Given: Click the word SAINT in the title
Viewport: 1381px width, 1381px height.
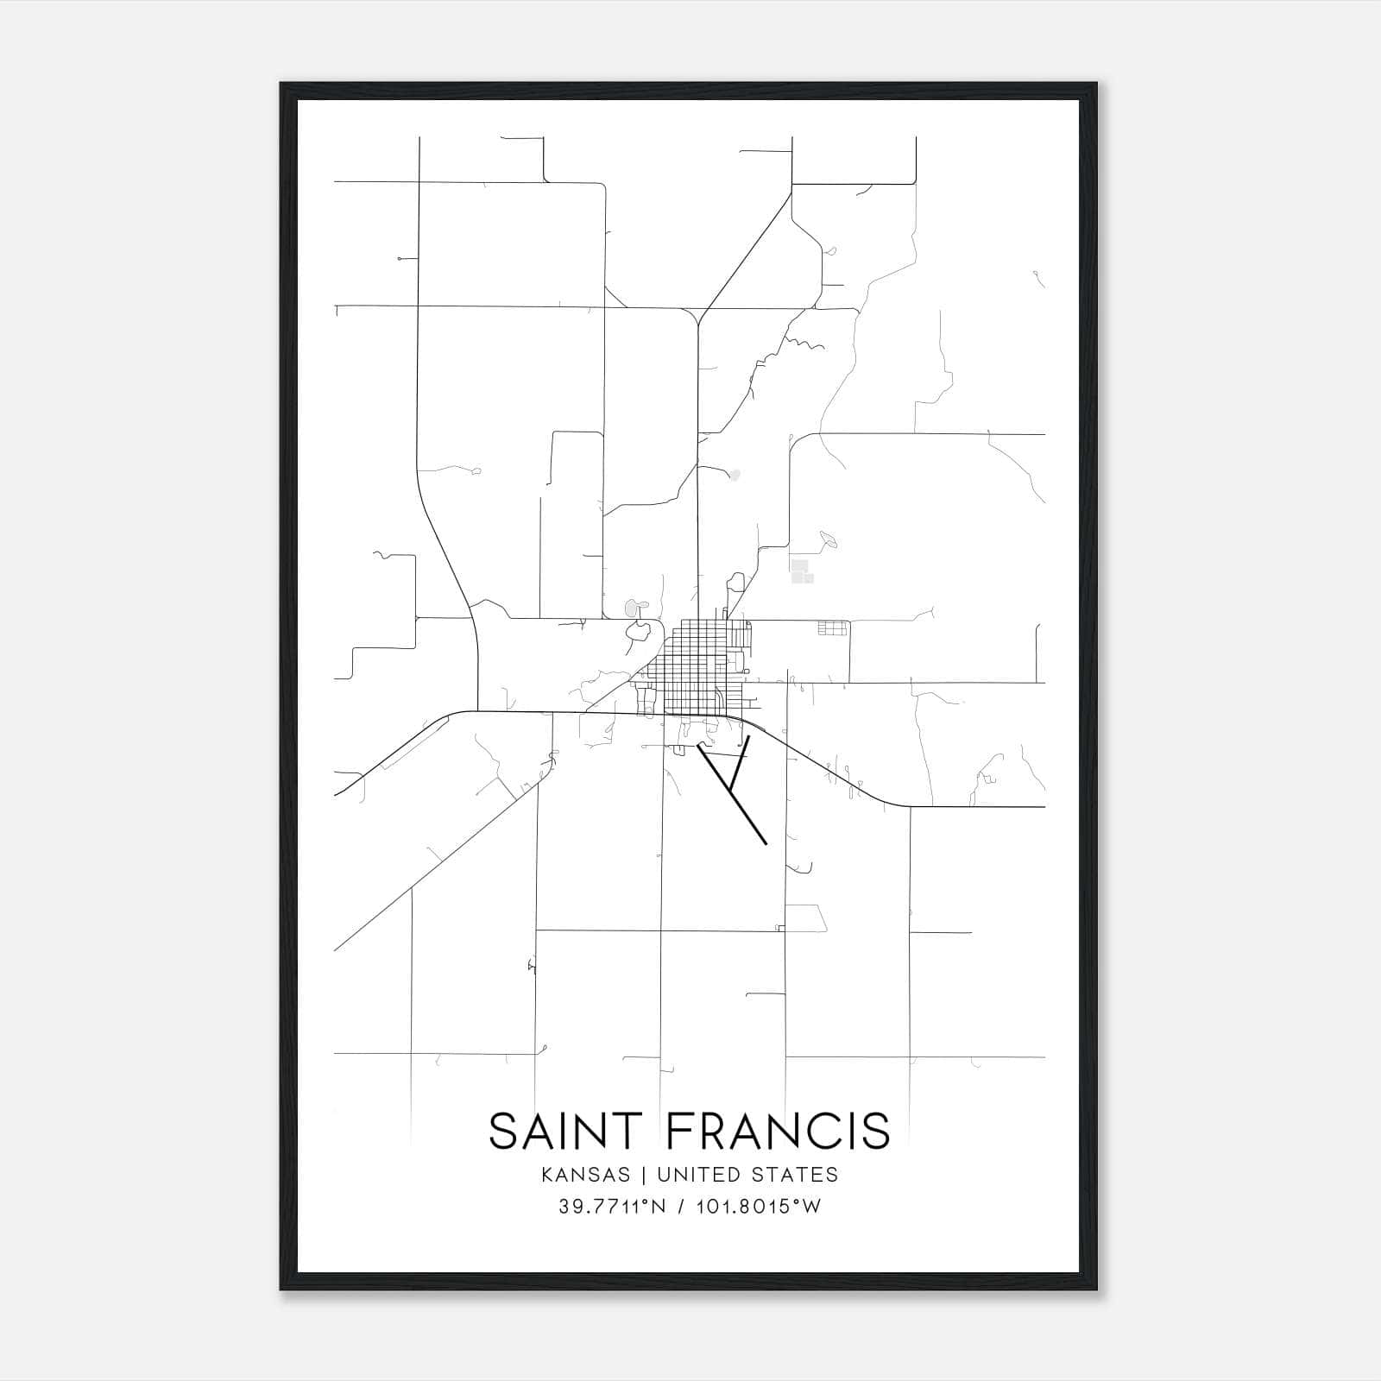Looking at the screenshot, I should click(566, 1132).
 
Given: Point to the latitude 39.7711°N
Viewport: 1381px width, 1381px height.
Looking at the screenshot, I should click(612, 1207).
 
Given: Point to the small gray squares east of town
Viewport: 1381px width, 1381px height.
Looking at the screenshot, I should click(800, 571).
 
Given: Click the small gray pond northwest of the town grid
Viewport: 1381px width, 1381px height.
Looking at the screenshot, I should click(632, 609).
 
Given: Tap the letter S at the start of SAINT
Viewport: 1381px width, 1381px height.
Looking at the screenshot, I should click(503, 1132).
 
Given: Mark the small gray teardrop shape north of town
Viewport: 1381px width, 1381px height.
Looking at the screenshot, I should click(735, 474).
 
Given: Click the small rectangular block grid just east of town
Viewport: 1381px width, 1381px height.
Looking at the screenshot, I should click(833, 628).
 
